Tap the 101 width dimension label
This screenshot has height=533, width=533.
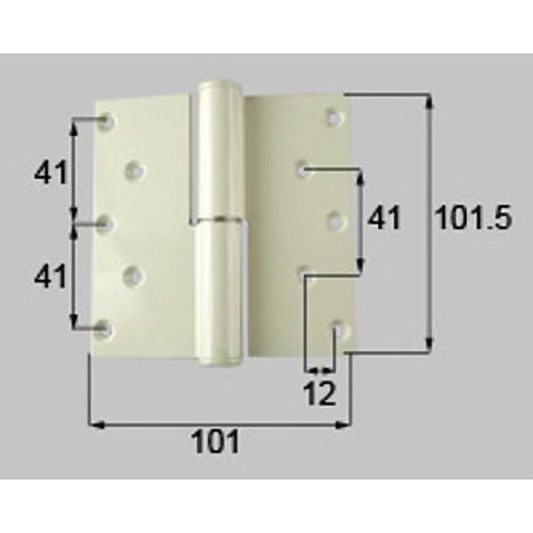coord(216,441)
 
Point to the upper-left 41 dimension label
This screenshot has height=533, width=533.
coord(51,172)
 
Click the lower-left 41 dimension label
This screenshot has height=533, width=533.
coord(51,276)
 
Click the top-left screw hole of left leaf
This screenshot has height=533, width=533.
coord(107,121)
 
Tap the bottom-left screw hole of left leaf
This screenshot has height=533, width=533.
coord(104,330)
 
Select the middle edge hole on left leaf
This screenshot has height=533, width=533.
coord(104,225)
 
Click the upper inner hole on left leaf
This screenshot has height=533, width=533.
coord(135,171)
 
